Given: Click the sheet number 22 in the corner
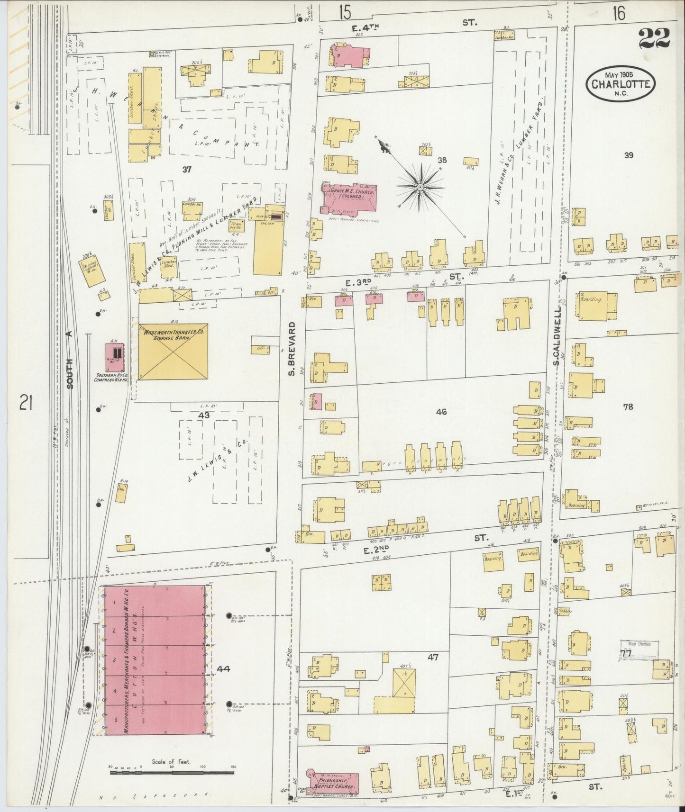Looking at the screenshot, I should (x=654, y=37).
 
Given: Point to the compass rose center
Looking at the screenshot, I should (x=420, y=188).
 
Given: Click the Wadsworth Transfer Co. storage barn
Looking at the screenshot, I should (x=173, y=352).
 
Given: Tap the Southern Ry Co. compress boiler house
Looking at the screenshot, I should (x=115, y=358).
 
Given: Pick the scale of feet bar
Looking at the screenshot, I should (x=171, y=772).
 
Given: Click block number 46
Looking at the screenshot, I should (x=441, y=412).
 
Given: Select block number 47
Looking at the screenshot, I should (x=432, y=657).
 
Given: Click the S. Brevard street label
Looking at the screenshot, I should (x=292, y=349).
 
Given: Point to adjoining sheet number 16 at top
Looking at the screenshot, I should (x=618, y=13).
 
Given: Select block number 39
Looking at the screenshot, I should (x=629, y=155).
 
